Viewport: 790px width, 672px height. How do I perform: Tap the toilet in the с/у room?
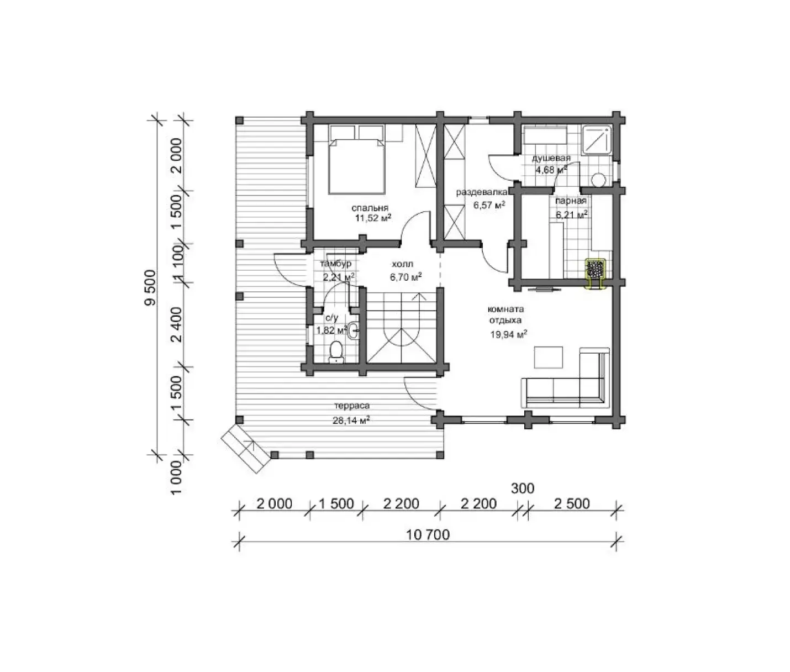point(336,351)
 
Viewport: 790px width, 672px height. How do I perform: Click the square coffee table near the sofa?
point(548,358)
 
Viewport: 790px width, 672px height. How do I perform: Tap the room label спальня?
point(370,208)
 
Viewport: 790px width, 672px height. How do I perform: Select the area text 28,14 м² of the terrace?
point(351,421)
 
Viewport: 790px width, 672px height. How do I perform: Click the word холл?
point(402,264)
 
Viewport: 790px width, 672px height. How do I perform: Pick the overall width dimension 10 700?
point(428,535)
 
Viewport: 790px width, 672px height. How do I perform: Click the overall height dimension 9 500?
point(151,287)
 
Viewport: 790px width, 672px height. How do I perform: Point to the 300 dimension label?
point(523,488)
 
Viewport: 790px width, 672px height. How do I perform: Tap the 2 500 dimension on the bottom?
point(572,504)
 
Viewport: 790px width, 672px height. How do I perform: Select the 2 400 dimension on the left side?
point(177,324)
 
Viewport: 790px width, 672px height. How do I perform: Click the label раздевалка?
point(482,192)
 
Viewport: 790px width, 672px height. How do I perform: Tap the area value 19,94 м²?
point(509,335)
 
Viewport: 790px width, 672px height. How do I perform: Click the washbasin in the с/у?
point(353,330)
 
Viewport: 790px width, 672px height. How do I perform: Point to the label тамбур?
point(335,264)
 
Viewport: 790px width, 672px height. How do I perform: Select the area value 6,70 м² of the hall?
point(406,277)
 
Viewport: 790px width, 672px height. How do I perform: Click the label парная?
point(571,201)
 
